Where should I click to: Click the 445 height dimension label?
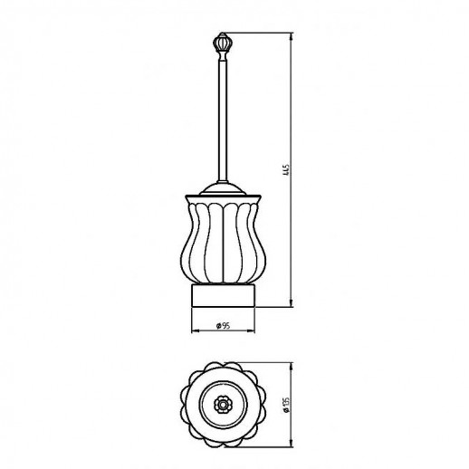tap(287, 170)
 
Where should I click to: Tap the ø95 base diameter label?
tap(224, 326)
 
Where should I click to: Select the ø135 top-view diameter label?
tap(287, 405)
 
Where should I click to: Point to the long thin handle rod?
tap(223, 120)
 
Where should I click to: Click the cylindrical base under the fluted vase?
tap(223, 295)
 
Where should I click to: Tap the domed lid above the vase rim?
tap(223, 188)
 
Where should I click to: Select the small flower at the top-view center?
tap(223, 405)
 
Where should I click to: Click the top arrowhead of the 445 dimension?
tap(292, 36)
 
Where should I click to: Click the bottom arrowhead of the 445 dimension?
tap(292, 303)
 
